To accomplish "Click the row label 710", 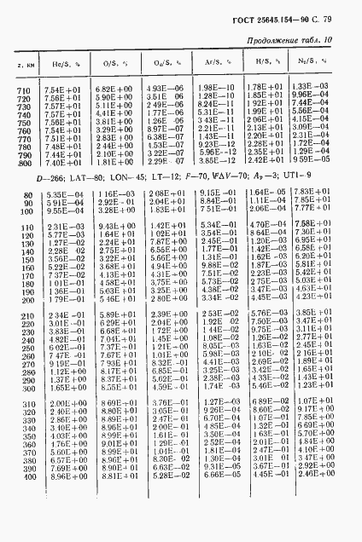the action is click(22, 89).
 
